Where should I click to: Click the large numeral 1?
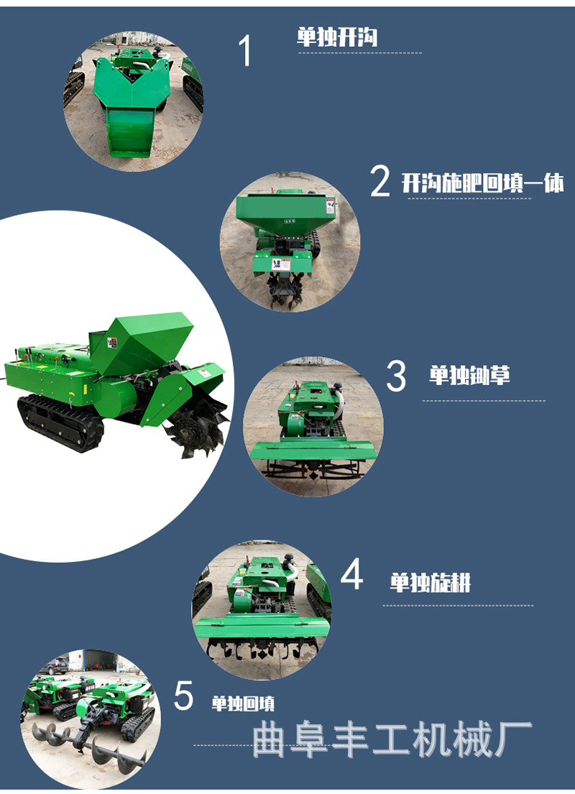point(246,50)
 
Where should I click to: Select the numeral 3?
point(396,376)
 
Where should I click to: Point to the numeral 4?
point(351,573)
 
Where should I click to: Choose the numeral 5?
point(184,696)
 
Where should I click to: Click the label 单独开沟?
point(337,37)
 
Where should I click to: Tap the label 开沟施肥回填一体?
point(482,183)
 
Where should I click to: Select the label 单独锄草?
point(469,375)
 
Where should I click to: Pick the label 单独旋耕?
point(430,582)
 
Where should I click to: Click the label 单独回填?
point(243,703)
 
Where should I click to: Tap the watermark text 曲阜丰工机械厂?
point(392,739)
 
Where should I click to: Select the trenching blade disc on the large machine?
point(198,430)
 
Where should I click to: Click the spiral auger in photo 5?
point(87,746)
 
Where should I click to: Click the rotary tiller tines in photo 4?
point(262,649)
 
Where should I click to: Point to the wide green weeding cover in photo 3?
point(313,450)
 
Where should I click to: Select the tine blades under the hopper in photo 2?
point(286,291)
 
